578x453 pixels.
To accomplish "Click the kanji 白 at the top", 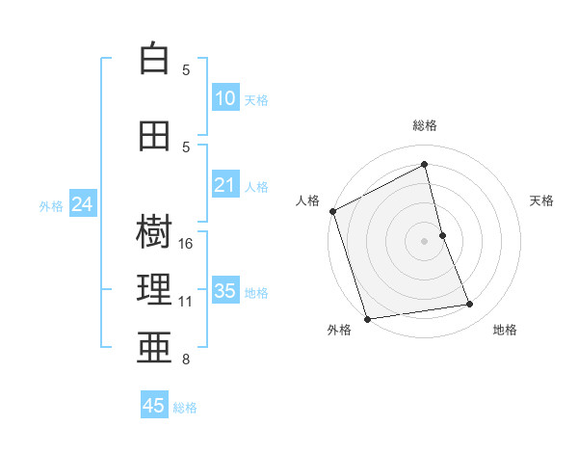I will pos(154,59).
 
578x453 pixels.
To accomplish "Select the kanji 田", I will pos(154,137).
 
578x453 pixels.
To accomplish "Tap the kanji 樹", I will pos(154,231).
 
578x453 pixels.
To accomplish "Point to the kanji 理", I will pos(154,290).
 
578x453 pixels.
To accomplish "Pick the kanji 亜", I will pos(154,348).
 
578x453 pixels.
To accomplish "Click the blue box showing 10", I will pos(225,98).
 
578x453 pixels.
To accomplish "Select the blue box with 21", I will pos(225,185).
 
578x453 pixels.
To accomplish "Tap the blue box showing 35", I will pos(225,291).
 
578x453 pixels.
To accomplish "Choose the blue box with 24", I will pos(82,204).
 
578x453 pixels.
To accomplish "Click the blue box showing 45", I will pos(154,406).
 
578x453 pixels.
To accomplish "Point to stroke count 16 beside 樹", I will pos(187,244).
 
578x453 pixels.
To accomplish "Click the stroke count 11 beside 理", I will pos(186,302).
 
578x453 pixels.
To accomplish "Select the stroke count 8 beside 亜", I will pos(186,360).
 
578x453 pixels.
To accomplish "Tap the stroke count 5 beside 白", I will pos(186,70).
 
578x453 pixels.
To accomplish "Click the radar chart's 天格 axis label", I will pos(541,200).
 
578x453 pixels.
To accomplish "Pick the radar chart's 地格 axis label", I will pos(505,330).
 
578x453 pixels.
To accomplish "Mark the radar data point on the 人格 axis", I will pos(332,211).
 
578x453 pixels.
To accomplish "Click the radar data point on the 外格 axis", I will pos(367,318).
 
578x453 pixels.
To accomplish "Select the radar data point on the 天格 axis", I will pos(442,234).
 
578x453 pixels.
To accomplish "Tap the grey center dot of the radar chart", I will pos(424,240).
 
